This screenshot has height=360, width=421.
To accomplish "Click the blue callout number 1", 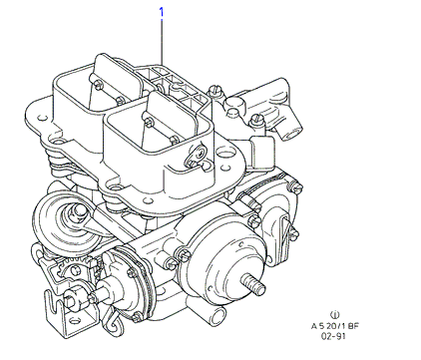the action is pos(162,13).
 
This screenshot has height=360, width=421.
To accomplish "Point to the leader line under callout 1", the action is pos(162,42).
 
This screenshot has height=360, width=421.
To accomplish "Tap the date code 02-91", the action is pos(333,336).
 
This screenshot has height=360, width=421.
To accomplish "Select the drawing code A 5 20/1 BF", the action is pos(335,326).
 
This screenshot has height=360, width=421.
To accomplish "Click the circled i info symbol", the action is pos(334,314).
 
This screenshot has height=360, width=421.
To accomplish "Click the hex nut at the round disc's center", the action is pos(78,211).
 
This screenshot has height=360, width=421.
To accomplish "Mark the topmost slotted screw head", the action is pos(214,90).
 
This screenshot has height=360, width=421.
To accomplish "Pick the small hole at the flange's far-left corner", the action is pos(42,118).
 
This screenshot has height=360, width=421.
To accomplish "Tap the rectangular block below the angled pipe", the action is pos(262,152).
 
